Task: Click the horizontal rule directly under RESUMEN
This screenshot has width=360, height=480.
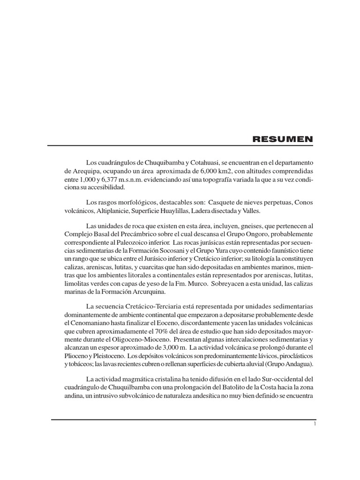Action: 182,146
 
